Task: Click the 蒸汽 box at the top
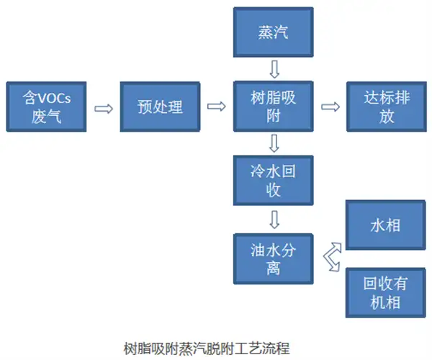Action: tap(274, 33)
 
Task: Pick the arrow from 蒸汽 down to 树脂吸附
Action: tap(274, 70)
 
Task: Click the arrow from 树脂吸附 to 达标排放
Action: tap(330, 107)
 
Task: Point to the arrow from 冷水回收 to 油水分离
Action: tap(274, 219)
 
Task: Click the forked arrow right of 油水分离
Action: tap(331, 257)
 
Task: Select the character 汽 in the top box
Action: tap(282, 33)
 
